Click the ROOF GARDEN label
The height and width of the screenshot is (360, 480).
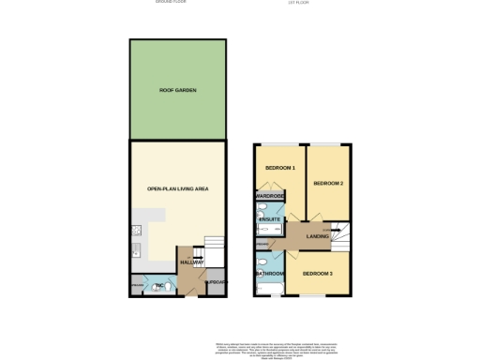point(177,92)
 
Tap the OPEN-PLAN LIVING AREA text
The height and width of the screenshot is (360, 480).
point(177,188)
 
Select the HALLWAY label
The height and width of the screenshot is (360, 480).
point(192,263)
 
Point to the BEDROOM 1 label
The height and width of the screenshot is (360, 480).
point(279,168)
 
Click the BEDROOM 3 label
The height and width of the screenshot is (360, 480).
point(316,272)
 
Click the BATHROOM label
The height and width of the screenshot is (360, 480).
point(271,275)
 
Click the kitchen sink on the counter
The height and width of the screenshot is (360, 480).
point(136,250)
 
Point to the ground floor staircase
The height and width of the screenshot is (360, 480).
point(212,248)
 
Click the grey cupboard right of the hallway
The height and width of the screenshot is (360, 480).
point(217,281)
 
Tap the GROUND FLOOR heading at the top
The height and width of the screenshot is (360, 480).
point(171,2)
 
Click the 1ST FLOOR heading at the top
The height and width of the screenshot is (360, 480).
point(299,2)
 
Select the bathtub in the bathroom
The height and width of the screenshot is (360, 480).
point(259,276)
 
